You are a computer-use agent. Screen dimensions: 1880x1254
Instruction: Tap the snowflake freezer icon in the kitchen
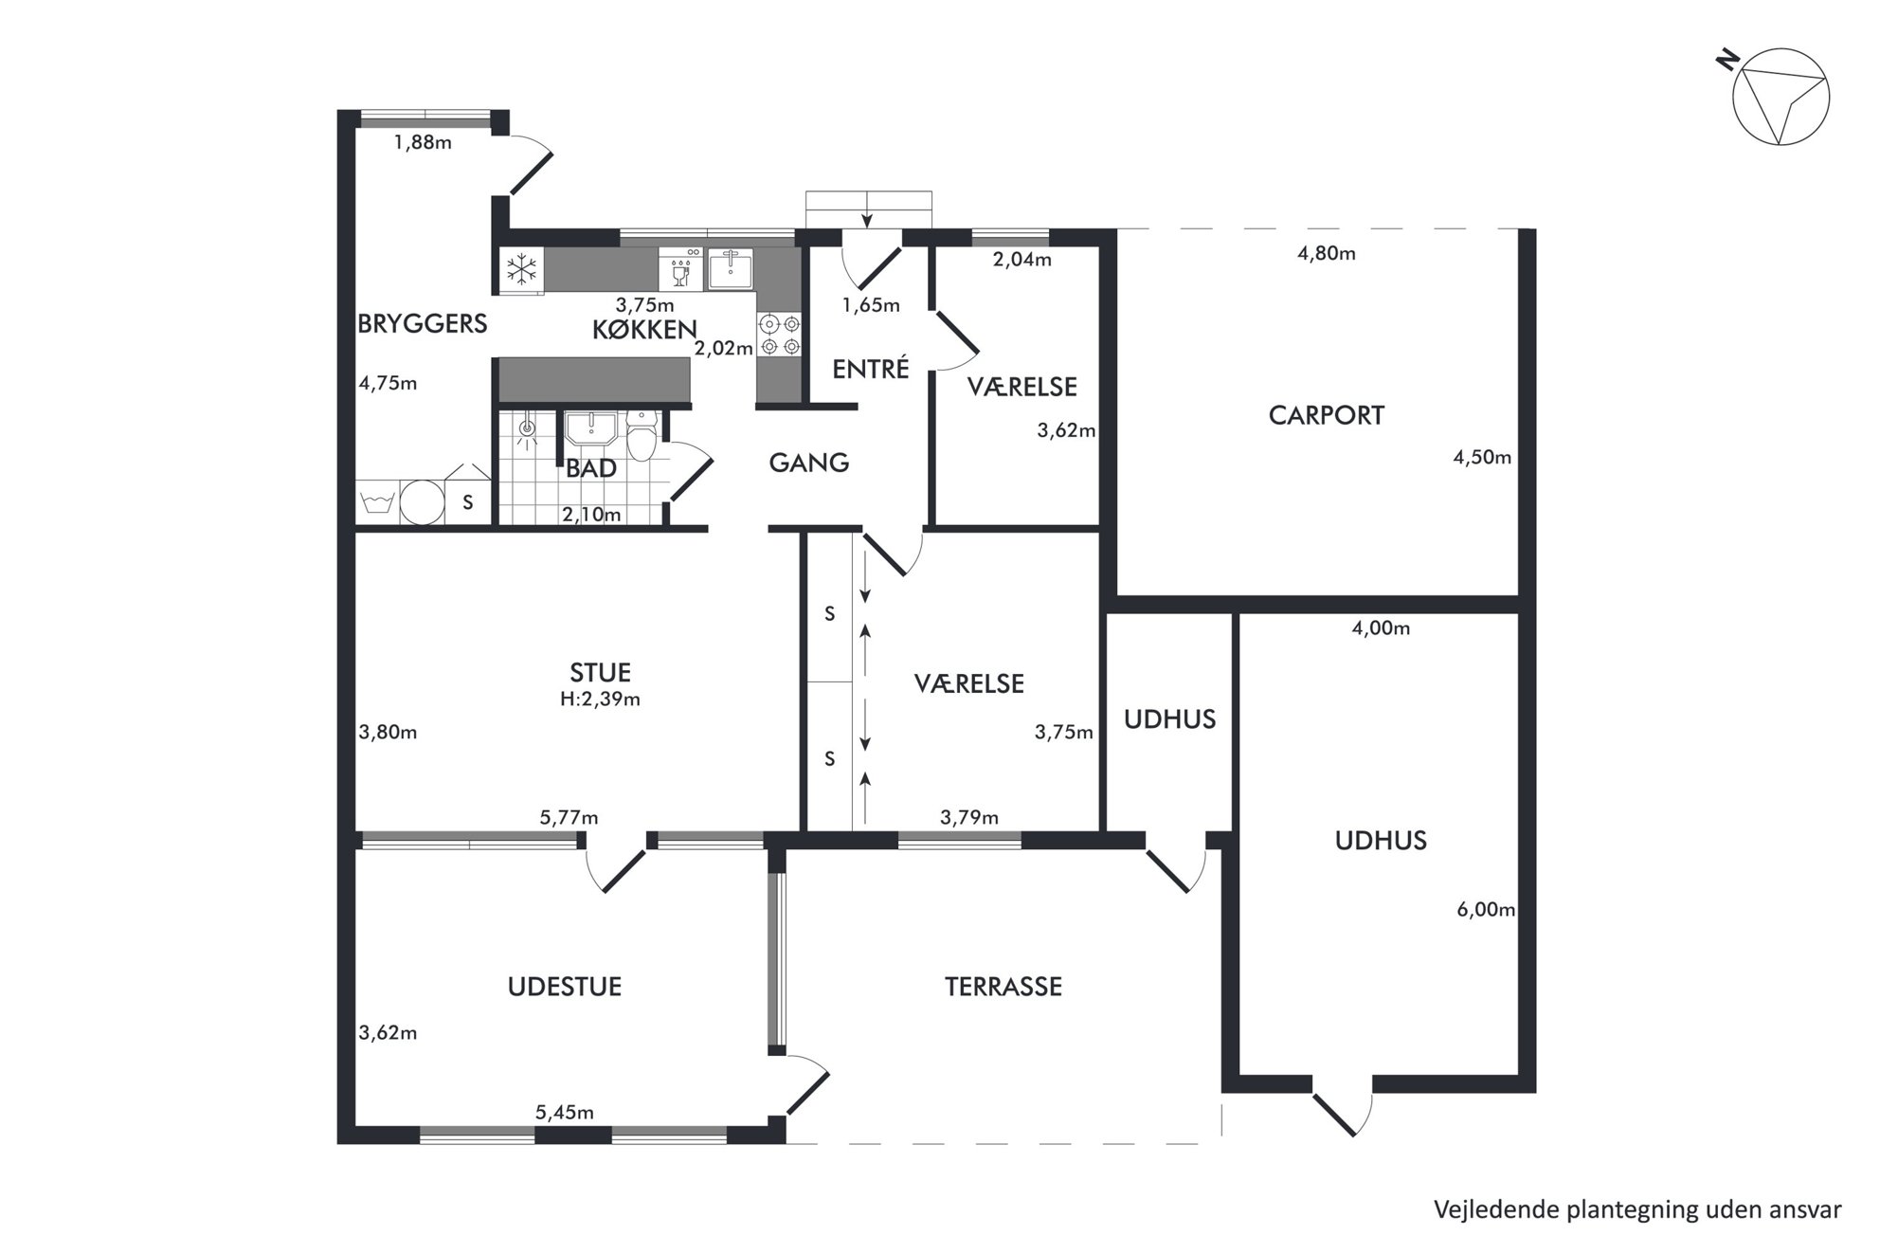point(521,269)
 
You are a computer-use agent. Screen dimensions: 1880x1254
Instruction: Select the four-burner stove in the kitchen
point(780,335)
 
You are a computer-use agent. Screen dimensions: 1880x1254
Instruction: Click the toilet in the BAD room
point(642,435)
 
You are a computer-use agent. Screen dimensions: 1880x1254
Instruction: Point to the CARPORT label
point(1326,415)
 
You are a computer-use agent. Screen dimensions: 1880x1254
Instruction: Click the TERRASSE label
point(1003,987)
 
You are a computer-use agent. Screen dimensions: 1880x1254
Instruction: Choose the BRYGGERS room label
point(422,324)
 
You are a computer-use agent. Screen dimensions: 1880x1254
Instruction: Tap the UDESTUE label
point(564,987)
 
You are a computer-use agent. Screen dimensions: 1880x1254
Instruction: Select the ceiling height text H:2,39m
point(600,700)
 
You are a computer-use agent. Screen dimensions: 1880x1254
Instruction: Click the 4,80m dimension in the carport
point(1326,253)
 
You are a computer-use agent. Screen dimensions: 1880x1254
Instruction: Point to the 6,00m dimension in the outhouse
point(1486,910)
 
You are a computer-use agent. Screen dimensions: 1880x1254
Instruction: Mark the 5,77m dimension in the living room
point(569,817)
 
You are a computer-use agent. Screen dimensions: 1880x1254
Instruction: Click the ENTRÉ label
point(870,368)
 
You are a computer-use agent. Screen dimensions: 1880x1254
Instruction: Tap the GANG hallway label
point(808,463)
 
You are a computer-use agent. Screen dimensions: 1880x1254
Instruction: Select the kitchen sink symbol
point(730,269)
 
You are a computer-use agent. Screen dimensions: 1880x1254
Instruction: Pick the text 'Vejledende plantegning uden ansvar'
point(1637,1210)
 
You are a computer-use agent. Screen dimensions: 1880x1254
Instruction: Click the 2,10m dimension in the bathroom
point(591,515)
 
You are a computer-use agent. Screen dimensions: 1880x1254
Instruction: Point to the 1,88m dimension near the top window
point(423,142)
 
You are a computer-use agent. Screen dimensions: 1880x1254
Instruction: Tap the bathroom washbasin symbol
point(591,427)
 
